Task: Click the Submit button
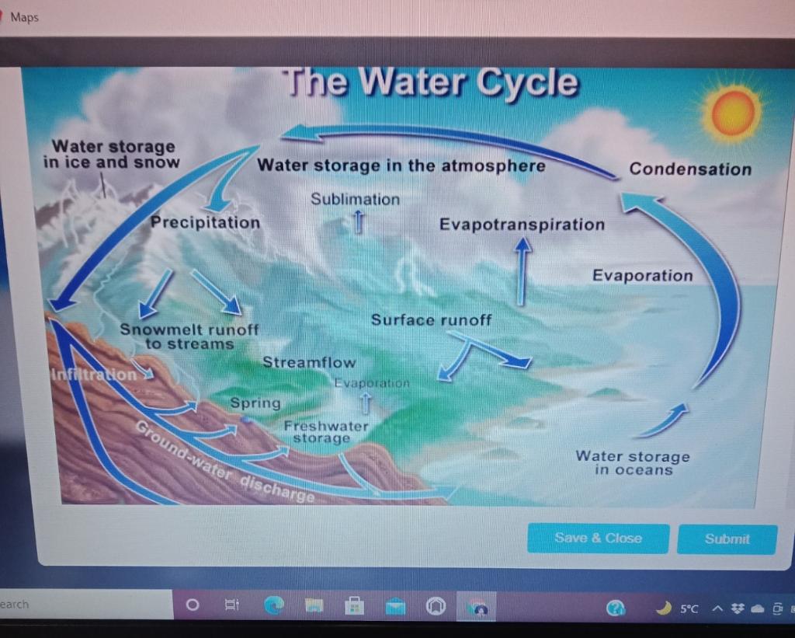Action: (727, 539)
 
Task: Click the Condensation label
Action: (690, 169)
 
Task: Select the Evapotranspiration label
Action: (522, 225)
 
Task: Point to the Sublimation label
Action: (356, 199)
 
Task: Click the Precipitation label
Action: (206, 222)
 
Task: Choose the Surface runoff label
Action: (431, 320)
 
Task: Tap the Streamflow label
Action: (309, 362)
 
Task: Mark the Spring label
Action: (255, 403)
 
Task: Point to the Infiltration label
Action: (93, 374)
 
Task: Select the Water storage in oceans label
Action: (633, 463)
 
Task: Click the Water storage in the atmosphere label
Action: (401, 166)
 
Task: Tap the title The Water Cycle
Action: (431, 82)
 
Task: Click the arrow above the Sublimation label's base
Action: (358, 221)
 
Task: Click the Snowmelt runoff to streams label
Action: (189, 336)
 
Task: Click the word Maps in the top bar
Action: (25, 17)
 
